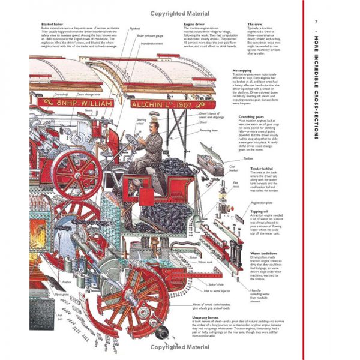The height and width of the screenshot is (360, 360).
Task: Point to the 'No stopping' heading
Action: point(245,70)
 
